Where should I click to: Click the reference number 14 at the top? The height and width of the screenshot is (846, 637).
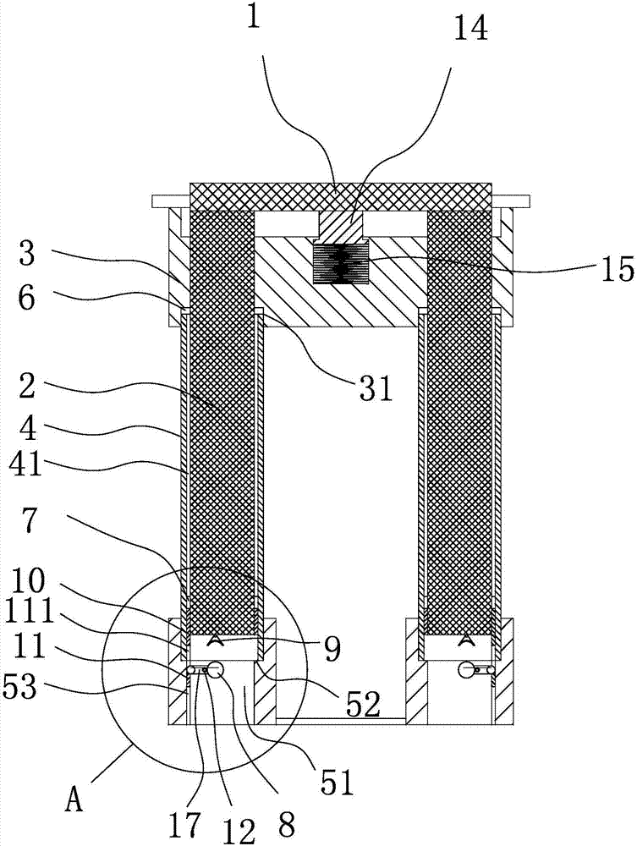(470, 29)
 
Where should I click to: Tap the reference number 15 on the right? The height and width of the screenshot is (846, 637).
(617, 269)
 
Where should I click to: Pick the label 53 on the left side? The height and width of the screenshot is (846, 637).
(20, 687)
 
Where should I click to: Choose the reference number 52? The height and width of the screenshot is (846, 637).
(363, 704)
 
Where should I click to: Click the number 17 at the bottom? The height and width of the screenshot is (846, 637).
(185, 823)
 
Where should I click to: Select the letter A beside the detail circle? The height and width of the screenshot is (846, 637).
(74, 800)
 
